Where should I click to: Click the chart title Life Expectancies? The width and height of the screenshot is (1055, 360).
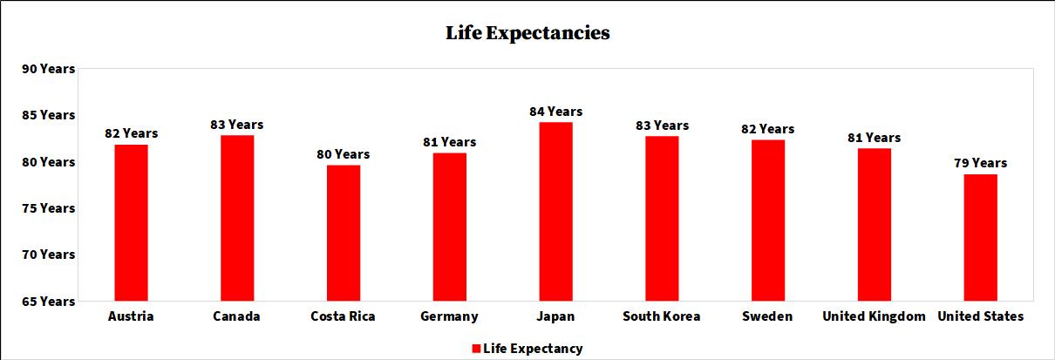(x=527, y=33)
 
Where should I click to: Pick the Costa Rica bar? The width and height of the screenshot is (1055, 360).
(x=344, y=233)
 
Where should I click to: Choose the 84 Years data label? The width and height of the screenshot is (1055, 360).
(x=555, y=112)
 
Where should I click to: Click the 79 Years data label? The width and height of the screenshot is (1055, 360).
(x=980, y=163)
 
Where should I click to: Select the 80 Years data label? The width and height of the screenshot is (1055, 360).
(x=344, y=154)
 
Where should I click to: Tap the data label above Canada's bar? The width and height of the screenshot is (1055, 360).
(x=236, y=125)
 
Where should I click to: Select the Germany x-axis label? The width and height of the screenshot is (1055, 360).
(x=449, y=316)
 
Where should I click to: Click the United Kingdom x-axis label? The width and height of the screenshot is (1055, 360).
(x=874, y=316)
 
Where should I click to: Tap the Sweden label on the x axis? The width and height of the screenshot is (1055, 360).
(x=767, y=316)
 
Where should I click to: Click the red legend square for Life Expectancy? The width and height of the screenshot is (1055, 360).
(x=476, y=349)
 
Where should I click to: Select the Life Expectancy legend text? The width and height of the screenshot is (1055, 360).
(x=533, y=349)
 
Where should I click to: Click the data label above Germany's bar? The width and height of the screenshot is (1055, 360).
(x=449, y=142)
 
